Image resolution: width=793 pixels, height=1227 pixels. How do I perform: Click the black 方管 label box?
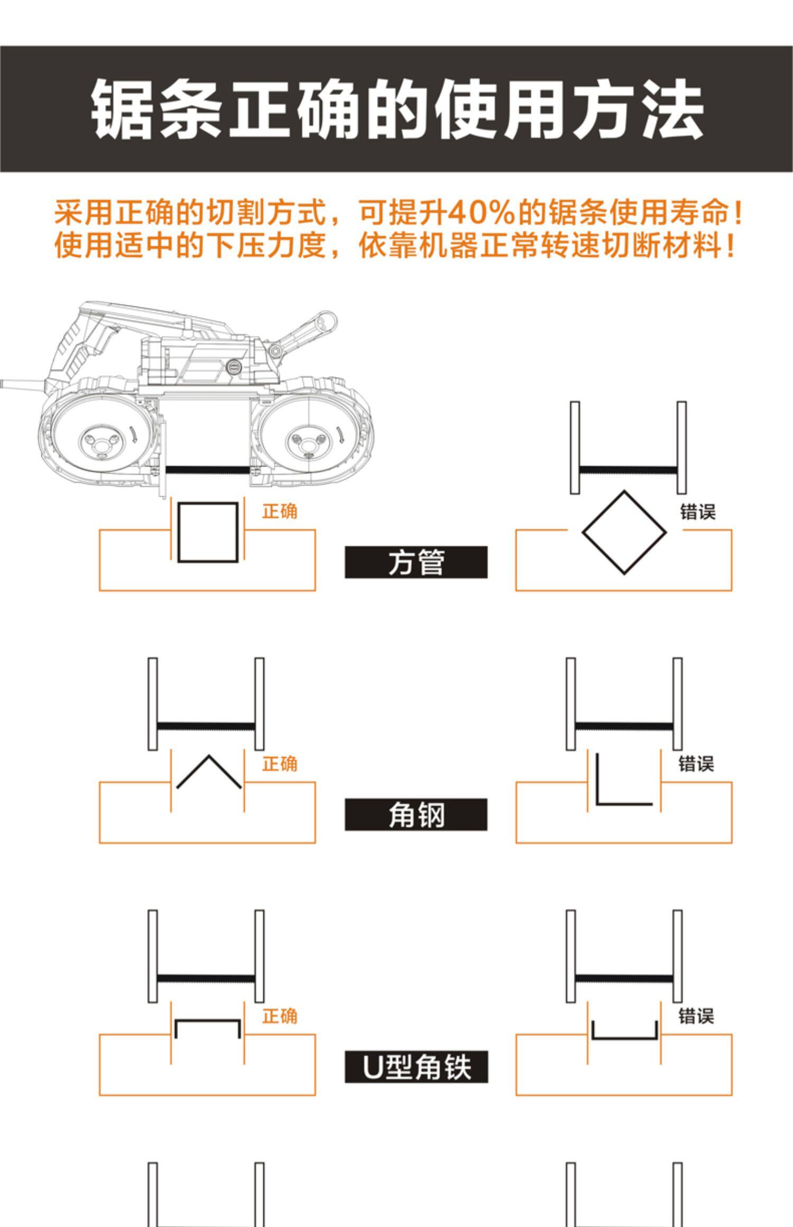[416, 562]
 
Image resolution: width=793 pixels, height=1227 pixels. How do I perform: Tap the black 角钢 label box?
[416, 814]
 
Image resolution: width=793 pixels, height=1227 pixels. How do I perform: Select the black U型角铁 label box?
[416, 1067]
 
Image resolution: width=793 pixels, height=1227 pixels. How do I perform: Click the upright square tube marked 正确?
[208, 532]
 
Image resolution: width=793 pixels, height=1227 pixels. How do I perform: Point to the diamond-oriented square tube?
[624, 532]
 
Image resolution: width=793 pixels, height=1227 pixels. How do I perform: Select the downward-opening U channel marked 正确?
[208, 1028]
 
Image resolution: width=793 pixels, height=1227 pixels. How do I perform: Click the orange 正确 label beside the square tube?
[280, 511]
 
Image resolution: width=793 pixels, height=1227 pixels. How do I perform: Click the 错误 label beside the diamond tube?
[697, 512]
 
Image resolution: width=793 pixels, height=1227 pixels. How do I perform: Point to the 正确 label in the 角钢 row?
[280, 764]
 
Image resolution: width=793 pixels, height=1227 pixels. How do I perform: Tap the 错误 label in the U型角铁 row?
[696, 1016]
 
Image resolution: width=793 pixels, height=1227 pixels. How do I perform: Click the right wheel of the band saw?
[307, 440]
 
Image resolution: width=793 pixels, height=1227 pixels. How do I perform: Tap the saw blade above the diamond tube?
[628, 470]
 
